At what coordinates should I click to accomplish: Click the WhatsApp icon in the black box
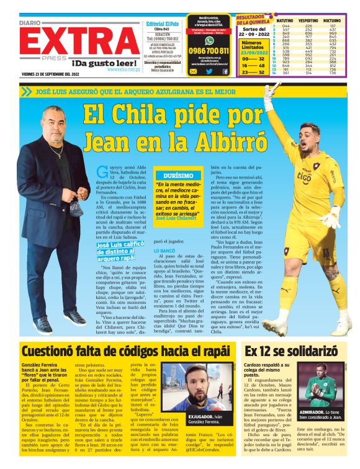(x=194, y=71)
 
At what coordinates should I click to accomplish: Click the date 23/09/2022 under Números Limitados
(x=253, y=52)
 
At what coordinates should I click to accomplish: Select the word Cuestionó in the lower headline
(x=52, y=351)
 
